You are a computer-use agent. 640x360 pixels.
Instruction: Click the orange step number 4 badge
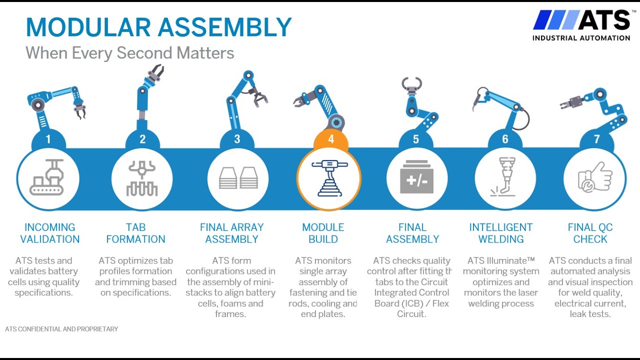(331, 139)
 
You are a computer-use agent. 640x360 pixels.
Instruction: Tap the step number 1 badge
(48, 139)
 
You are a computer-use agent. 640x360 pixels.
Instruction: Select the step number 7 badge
(596, 139)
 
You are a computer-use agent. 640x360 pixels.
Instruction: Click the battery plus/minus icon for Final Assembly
(416, 178)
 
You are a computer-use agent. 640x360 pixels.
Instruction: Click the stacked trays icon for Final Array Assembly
(237, 178)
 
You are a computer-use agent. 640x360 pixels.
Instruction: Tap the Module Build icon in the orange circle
(328, 178)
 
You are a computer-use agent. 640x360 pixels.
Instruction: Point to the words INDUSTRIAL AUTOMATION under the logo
(581, 38)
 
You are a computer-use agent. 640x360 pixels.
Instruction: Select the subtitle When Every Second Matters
(130, 52)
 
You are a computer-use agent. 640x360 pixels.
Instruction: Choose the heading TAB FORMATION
(135, 233)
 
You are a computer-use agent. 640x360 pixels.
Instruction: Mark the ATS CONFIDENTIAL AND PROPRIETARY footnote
(61, 329)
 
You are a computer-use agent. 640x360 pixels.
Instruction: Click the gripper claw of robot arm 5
(411, 84)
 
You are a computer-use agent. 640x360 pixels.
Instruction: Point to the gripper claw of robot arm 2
(155, 73)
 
